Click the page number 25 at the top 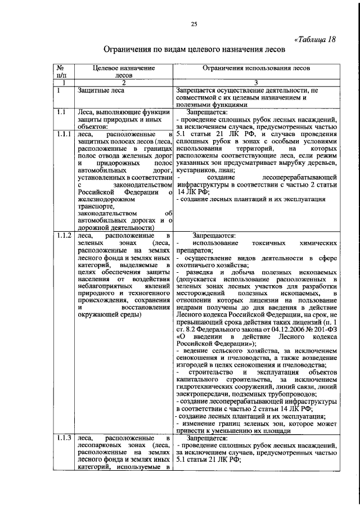pos(194,23)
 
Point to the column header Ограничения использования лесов pos(257,67)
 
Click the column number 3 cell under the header pos(257,83)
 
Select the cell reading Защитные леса pos(102,89)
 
